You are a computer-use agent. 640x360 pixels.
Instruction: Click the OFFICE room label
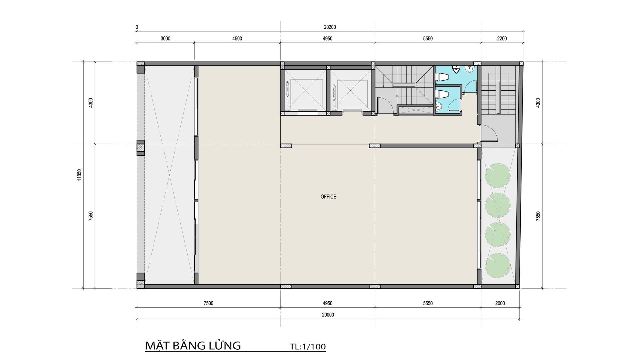click(328, 197)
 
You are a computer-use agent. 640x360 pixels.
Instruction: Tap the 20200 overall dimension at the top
click(330, 27)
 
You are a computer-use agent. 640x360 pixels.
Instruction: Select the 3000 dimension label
click(165, 39)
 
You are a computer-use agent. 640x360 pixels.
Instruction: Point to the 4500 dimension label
click(237, 39)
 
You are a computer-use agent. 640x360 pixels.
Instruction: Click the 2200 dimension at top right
click(502, 39)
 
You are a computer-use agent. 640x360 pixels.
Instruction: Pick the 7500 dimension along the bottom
click(208, 303)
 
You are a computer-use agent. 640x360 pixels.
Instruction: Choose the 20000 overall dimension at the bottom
click(328, 315)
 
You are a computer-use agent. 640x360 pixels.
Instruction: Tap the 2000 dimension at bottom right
click(500, 303)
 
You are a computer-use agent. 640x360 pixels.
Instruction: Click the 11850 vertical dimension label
click(79, 175)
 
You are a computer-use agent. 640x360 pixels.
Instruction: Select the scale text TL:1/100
click(308, 347)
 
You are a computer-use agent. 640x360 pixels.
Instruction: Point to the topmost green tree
click(498, 175)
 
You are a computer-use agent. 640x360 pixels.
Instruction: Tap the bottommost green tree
click(498, 265)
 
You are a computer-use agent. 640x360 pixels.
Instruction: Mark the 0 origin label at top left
click(137, 27)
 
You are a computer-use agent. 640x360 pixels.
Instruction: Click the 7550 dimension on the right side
click(538, 216)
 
